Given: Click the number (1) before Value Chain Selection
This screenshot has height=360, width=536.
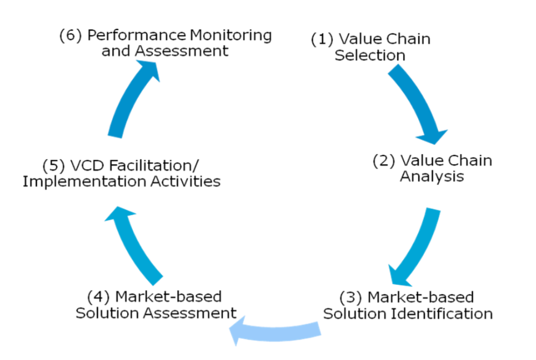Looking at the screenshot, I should tap(322, 40).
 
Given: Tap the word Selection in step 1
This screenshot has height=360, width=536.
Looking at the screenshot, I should tap(370, 55).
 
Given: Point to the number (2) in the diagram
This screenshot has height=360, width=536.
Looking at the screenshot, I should tap(384, 161).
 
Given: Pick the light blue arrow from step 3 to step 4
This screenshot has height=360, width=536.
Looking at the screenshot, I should tap(276, 331).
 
